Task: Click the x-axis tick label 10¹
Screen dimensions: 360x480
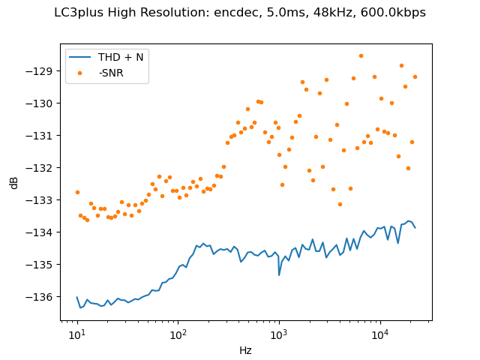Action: coord(77,334)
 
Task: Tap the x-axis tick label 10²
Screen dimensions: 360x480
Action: coord(178,334)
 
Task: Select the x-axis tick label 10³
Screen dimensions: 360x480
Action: coord(279,334)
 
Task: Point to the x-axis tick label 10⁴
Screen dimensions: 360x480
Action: coord(379,334)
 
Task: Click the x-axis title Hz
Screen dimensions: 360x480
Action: coord(245,350)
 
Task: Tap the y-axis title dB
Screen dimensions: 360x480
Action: coord(14,182)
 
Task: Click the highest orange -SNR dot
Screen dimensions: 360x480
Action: coord(361,55)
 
